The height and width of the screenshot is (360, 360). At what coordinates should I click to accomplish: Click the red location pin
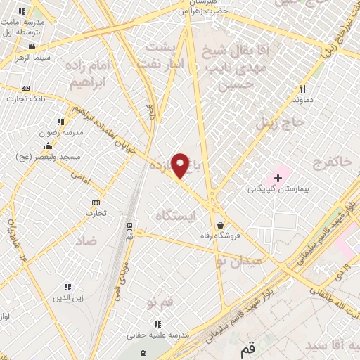(x=181, y=165)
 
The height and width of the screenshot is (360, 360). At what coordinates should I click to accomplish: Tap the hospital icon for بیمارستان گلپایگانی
(x=278, y=177)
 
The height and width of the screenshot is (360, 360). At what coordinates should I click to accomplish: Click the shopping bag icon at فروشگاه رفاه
(x=221, y=225)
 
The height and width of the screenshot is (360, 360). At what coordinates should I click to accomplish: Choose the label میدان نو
(x=238, y=261)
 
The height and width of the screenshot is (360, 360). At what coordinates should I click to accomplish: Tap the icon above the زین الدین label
(x=67, y=287)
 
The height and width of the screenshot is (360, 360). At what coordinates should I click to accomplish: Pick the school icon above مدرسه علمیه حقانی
(x=157, y=324)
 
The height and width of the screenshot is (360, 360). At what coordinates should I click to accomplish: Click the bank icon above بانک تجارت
(x=26, y=87)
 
